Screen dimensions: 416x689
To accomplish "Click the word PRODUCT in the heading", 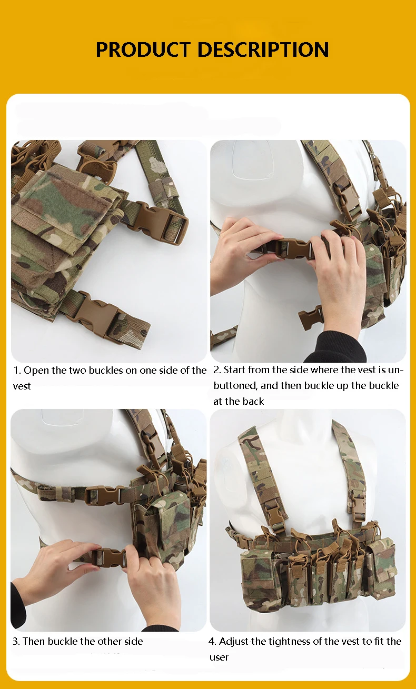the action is pyautogui.click(x=143, y=49).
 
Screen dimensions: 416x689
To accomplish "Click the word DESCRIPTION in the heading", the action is pyautogui.click(x=263, y=49).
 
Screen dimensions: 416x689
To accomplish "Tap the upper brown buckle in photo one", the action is pyautogui.click(x=161, y=222).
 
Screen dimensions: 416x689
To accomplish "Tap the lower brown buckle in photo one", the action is pyautogui.click(x=98, y=315).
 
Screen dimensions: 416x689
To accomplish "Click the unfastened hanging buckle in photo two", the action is pyautogui.click(x=311, y=316).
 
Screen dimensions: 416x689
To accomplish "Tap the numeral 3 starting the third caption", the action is pyautogui.click(x=15, y=641).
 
